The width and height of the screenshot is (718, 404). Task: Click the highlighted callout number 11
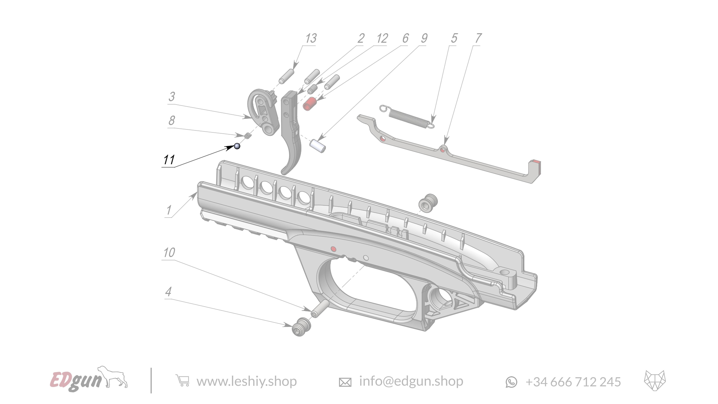click(169, 160)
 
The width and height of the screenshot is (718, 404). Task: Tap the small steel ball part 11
click(237, 146)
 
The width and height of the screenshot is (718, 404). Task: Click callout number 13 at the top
click(311, 38)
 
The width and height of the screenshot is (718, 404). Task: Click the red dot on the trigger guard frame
click(333, 249)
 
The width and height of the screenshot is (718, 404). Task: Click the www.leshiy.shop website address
click(246, 381)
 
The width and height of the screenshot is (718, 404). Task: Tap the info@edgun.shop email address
click(411, 381)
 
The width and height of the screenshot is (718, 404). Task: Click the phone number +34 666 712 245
click(573, 382)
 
